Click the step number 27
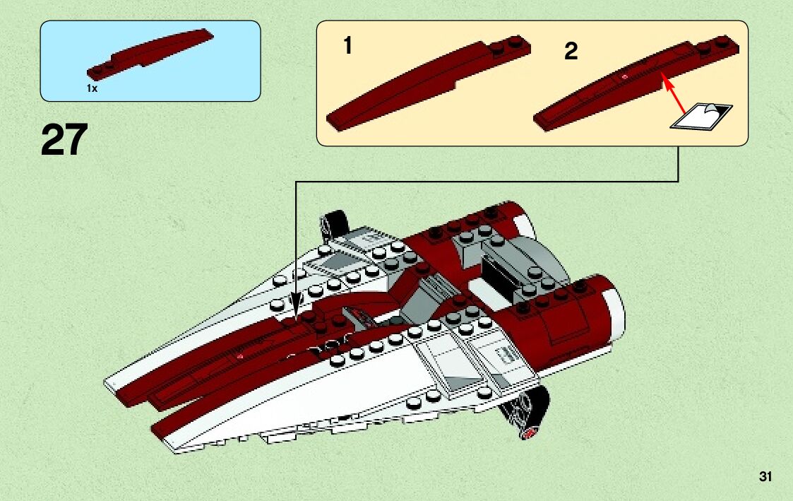pyautogui.click(x=64, y=140)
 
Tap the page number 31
pyautogui.click(x=765, y=477)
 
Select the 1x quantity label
pyautogui.click(x=92, y=88)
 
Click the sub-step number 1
pyautogui.click(x=347, y=47)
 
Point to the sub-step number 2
pyautogui.click(x=571, y=51)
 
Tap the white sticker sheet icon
pyautogui.click(x=701, y=117)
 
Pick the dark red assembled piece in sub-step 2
pyautogui.click(x=628, y=81)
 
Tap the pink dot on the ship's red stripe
pyautogui.click(x=241, y=357)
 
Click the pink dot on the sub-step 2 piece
pyautogui.click(x=624, y=76)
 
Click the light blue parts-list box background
pyautogui.click(x=212, y=78)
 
